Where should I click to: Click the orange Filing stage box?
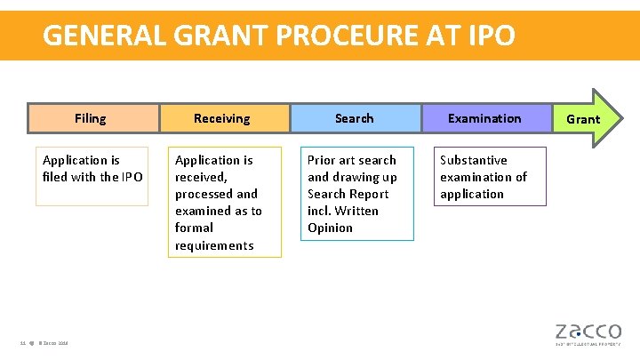click(91, 118)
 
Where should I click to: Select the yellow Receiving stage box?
click(222, 118)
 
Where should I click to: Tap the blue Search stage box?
click(355, 118)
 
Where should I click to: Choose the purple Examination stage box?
click(484, 118)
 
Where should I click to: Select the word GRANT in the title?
click(213, 36)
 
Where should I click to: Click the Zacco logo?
click(588, 330)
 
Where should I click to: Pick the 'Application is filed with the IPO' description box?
click(92, 176)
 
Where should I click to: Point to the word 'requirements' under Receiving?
click(214, 245)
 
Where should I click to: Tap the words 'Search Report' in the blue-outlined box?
click(348, 194)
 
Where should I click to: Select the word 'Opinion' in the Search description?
click(330, 228)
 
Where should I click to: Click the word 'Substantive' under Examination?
click(474, 160)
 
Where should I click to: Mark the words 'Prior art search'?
click(352, 160)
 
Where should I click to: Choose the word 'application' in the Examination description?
click(472, 194)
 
